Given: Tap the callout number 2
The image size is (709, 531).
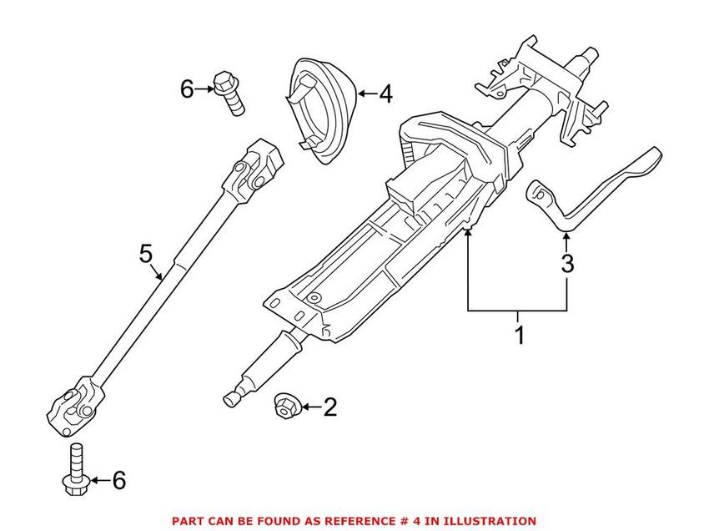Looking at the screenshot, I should [x=329, y=407].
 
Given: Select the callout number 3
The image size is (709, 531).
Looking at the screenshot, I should [x=567, y=265].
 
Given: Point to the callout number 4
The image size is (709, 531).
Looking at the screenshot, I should [x=385, y=94].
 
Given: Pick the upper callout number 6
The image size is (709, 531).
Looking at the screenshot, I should [x=187, y=87].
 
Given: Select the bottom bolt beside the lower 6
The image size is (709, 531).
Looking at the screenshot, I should [x=73, y=468].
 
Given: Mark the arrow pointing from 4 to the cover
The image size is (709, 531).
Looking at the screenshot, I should [x=365, y=94].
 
